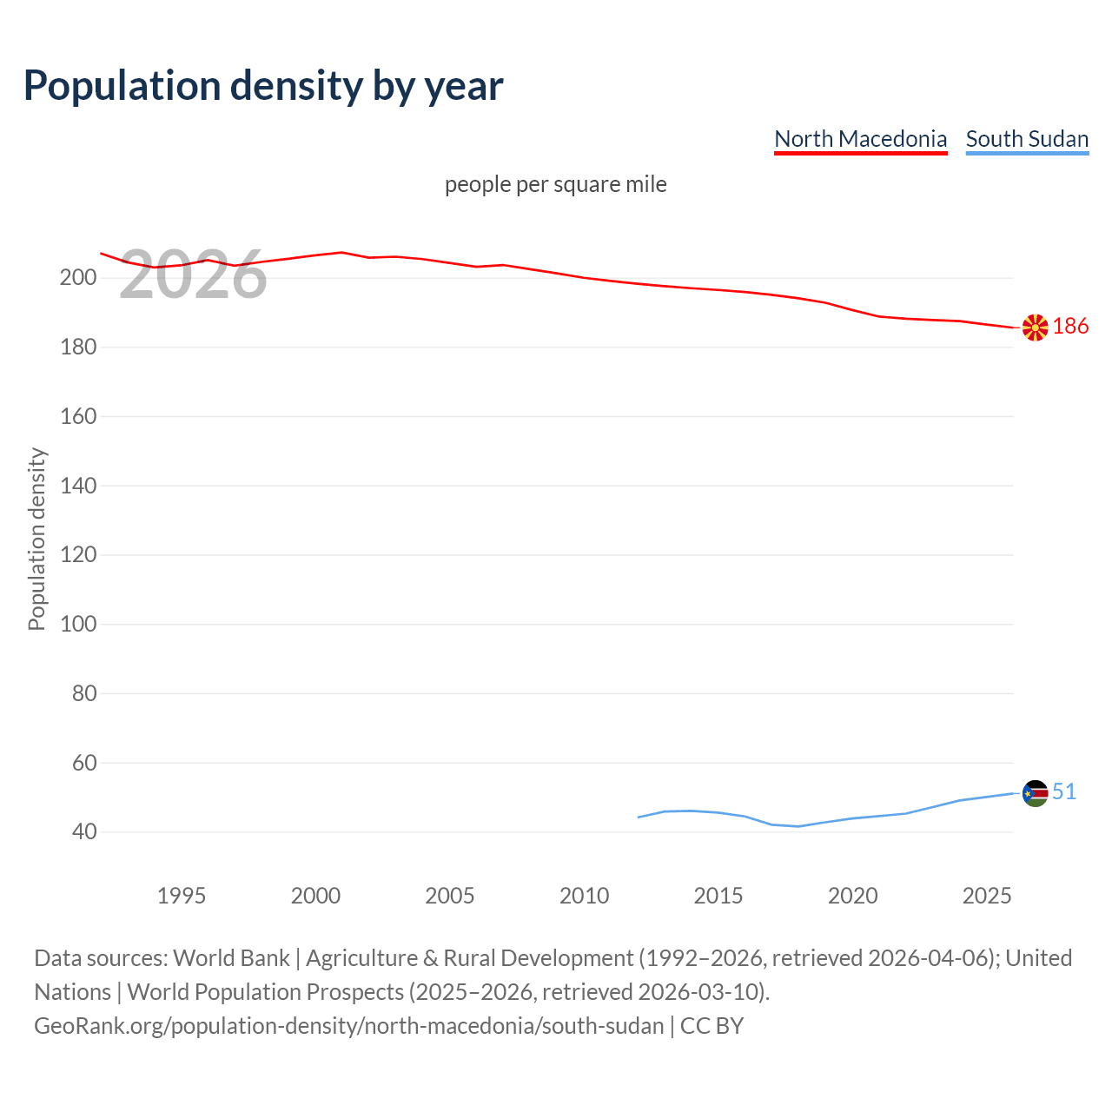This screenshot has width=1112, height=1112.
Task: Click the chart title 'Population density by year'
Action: click(263, 86)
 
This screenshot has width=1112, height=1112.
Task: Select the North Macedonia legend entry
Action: click(860, 139)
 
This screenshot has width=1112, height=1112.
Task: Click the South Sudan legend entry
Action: click(1027, 139)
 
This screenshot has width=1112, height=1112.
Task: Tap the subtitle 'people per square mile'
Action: click(555, 185)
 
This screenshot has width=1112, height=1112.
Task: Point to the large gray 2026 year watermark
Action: click(193, 275)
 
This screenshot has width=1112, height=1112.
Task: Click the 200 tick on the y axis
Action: click(77, 278)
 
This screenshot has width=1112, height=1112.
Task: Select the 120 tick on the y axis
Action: click(77, 555)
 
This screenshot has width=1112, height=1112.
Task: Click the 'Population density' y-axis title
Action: click(36, 539)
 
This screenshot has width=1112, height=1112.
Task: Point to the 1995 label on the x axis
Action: click(181, 896)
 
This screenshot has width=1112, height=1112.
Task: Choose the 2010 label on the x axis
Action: click(584, 896)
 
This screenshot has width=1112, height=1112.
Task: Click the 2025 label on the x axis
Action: click(987, 896)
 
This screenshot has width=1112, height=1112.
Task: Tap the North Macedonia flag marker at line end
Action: click(1035, 328)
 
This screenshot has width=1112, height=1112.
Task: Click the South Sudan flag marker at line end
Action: click(1035, 793)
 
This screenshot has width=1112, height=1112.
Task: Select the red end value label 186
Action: click(1070, 327)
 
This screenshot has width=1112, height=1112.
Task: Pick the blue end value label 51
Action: click(1064, 792)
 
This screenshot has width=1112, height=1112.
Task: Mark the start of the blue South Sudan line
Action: click(639, 817)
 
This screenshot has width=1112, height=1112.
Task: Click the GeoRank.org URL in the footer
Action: click(349, 1026)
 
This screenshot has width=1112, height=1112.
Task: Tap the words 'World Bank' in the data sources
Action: click(231, 958)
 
